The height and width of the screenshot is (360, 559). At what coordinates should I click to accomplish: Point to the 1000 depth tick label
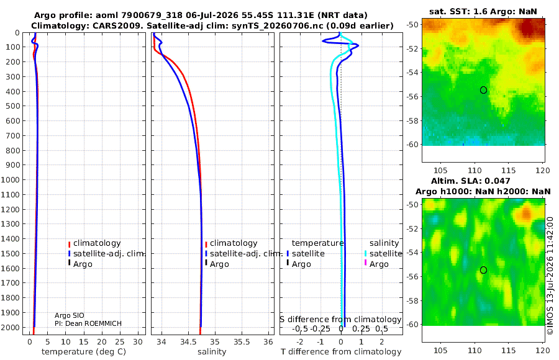pos(10,179)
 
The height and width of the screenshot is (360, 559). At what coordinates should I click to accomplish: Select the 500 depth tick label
pos(12,106)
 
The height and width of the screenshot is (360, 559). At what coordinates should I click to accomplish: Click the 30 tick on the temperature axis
pos(138,342)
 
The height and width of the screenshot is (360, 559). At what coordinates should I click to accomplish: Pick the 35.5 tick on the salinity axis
pos(242,342)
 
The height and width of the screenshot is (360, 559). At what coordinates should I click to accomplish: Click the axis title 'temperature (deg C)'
pos(84,352)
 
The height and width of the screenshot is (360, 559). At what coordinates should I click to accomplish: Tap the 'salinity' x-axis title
pos(212,352)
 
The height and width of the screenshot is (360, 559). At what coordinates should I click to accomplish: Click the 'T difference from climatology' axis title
pos(341,352)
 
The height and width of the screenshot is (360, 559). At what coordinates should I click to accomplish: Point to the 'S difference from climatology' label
pos(341,320)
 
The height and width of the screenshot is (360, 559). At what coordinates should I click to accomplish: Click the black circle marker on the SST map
pos(483,90)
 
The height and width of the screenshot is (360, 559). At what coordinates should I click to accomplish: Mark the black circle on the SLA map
pos(483,270)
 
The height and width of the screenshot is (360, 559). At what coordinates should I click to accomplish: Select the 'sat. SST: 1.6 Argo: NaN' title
pos(483,11)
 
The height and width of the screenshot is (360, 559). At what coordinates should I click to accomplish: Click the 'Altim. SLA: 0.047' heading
pos(471,181)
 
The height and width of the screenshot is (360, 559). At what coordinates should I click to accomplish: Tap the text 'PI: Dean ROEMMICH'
pos(88,323)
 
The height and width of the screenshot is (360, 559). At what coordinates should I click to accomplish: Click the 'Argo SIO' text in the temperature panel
pos(70,315)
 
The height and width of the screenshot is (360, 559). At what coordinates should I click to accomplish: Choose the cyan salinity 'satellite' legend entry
pos(383,253)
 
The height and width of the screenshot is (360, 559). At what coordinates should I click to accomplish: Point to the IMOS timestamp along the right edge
pos(550,276)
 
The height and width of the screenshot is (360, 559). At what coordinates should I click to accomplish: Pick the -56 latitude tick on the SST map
pos(412,97)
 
